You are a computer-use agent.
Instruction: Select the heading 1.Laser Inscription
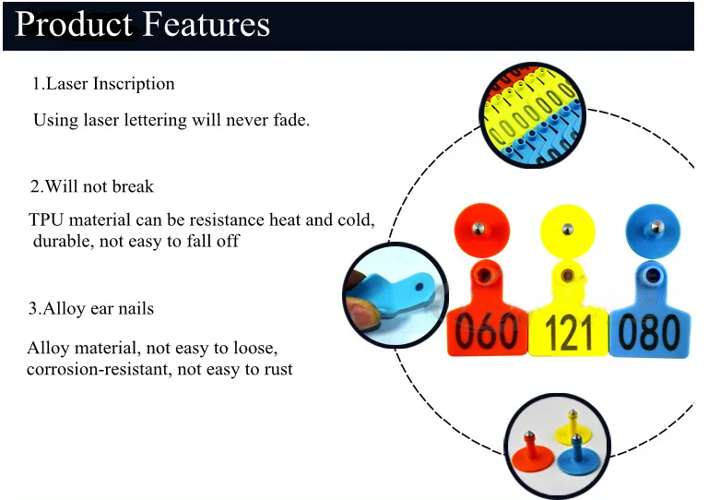(103, 84)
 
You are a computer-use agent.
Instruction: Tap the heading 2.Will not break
(91, 186)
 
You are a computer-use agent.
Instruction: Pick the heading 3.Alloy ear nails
(90, 308)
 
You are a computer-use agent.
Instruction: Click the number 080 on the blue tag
(650, 331)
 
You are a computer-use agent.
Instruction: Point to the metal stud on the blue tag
(655, 226)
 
